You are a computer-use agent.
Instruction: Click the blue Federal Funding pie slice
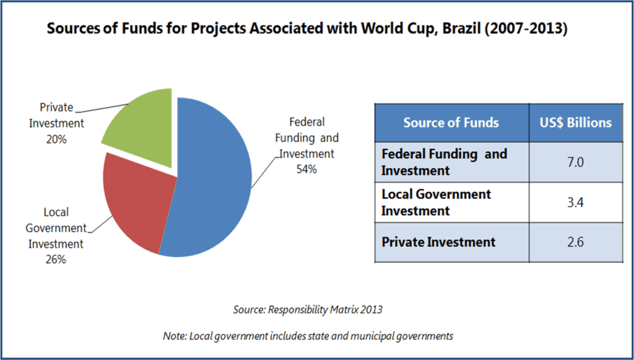(x=214, y=180)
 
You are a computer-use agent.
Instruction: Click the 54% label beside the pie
(x=306, y=169)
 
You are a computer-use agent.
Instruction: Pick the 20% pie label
(x=56, y=139)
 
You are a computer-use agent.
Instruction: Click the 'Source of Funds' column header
(x=451, y=122)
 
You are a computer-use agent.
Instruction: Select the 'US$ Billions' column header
(x=575, y=122)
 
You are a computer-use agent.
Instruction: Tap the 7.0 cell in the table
(x=575, y=162)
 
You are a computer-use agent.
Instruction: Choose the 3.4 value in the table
(x=575, y=203)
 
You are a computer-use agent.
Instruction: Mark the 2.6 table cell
(x=575, y=242)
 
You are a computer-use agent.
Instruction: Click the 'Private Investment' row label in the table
(x=438, y=242)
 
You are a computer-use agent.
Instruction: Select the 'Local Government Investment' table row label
(x=436, y=203)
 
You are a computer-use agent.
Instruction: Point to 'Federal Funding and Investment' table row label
(x=443, y=162)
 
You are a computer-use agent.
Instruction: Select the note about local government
(x=308, y=336)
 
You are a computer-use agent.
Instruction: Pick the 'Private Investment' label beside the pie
(x=56, y=115)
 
